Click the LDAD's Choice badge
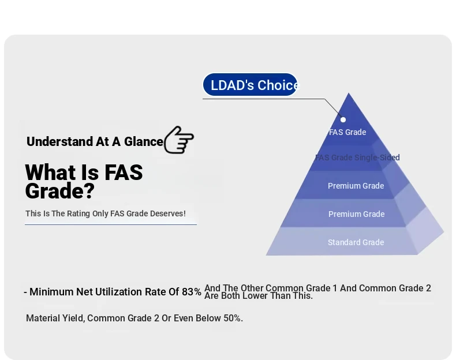point(250,85)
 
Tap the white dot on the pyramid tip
point(343,119)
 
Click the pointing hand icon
point(179,140)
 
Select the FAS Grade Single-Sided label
point(357,157)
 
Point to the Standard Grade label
point(356,242)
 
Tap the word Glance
point(144,141)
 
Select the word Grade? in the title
point(60,191)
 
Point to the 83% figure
point(192,292)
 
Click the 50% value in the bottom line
point(233,318)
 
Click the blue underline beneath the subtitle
point(111,224)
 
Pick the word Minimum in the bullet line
point(51,292)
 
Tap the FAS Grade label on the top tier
point(347,132)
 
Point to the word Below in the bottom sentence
point(208,318)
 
